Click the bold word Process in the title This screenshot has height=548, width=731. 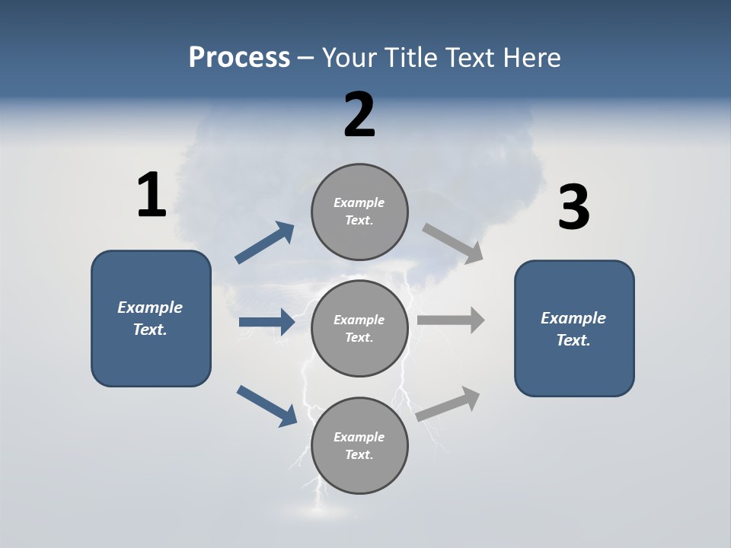pyautogui.click(x=239, y=58)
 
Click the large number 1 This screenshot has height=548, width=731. pyautogui.click(x=152, y=196)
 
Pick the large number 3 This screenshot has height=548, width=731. pyautogui.click(x=574, y=208)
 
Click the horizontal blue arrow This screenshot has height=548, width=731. pyautogui.click(x=267, y=323)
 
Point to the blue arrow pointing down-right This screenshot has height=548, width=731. pyautogui.click(x=267, y=406)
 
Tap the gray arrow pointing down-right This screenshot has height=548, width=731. pyautogui.click(x=453, y=244)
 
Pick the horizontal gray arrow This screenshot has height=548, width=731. pyautogui.click(x=451, y=320)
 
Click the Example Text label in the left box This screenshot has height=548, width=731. pyautogui.click(x=151, y=318)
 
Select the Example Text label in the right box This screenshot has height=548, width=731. pyautogui.click(x=574, y=329)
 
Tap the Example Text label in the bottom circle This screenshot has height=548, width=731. pyautogui.click(x=359, y=445)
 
